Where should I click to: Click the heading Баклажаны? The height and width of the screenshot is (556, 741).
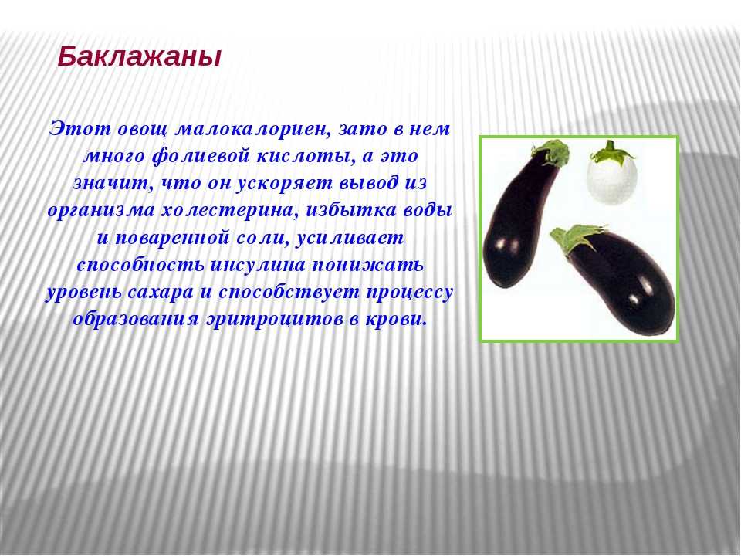click(x=140, y=58)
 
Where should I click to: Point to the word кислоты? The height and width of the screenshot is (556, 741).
click(x=306, y=157)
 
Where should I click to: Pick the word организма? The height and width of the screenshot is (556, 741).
click(x=101, y=212)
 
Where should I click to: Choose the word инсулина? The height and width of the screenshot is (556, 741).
click(x=257, y=265)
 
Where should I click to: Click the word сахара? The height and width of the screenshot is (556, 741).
click(x=161, y=293)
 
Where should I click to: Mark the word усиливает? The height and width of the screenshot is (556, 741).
click(x=350, y=239)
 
